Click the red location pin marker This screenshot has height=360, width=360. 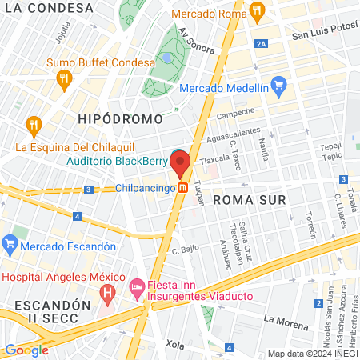179,164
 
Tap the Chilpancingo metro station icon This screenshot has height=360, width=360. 183,188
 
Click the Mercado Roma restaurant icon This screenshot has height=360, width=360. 256,11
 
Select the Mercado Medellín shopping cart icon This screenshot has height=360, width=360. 278,83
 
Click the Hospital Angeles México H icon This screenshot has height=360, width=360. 106,294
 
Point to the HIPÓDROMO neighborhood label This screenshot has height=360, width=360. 120,118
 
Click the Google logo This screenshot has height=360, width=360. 26,350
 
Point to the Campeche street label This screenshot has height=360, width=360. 235,114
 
